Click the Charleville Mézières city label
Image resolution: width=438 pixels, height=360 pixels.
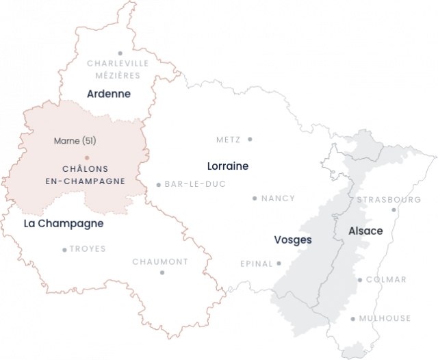pos(118,68)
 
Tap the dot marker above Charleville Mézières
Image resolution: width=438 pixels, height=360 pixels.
pos(120,53)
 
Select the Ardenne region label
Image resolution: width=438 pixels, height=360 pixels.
pos(109,94)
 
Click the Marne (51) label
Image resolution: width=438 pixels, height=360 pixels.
pos(74,141)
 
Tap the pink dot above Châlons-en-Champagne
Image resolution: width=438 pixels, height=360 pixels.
pos(87,158)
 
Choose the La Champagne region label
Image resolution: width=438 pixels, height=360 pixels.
pos(63,224)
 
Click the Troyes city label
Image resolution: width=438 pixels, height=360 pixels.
pos(88,249)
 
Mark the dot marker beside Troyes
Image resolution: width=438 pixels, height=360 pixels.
pos(65,250)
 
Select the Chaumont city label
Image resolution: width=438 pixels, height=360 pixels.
pos(159,261)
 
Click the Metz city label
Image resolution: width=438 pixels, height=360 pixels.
pos(228,139)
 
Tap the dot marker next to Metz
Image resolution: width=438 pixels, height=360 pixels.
pos(250,139)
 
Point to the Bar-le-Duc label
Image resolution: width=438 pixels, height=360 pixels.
pos(195,183)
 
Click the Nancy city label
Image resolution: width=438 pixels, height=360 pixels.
pos(279,198)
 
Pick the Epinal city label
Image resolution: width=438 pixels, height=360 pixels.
pos(256,263)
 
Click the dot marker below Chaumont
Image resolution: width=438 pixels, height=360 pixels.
pos(162,272)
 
